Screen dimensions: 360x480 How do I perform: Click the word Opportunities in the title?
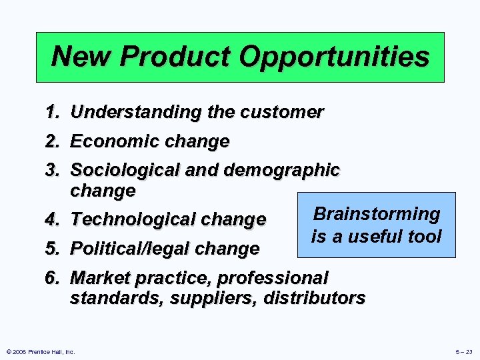click(x=334, y=57)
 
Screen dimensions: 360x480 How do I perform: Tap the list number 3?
click(x=54, y=171)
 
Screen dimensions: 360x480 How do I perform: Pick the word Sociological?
click(x=125, y=171)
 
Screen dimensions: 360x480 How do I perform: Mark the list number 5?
click(x=54, y=249)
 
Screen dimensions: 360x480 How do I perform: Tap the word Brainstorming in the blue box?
click(x=377, y=214)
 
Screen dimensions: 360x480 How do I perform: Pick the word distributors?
click(x=314, y=298)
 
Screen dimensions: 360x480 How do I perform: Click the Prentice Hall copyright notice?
click(x=39, y=351)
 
